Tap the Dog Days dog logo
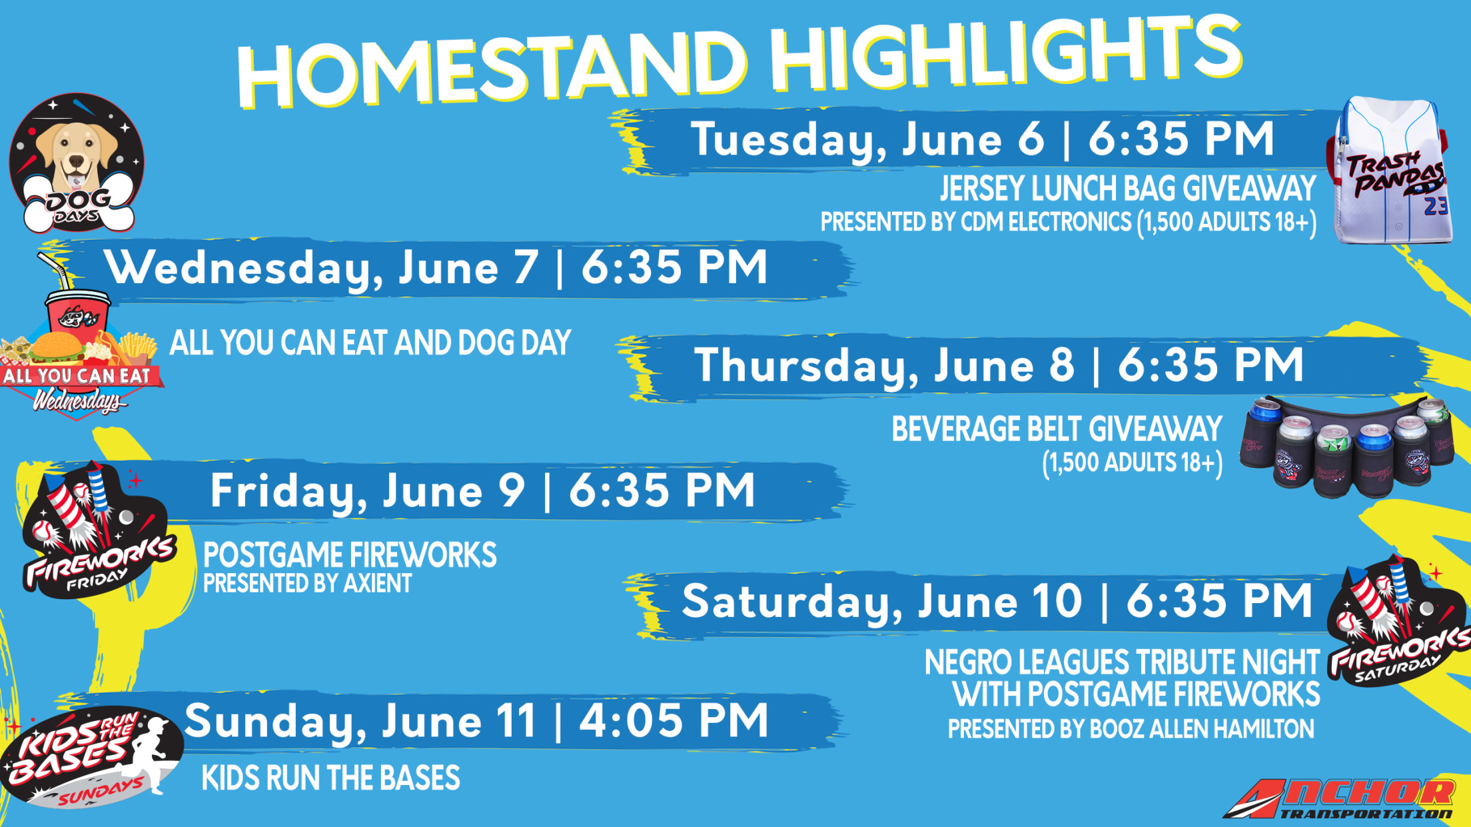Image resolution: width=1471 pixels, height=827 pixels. click(x=77, y=163)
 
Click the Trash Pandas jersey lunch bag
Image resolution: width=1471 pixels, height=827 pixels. click(x=1392, y=171)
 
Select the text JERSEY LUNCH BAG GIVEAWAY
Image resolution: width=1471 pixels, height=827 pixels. click(x=1128, y=189)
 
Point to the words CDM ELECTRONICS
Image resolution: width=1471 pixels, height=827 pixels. click(x=1046, y=222)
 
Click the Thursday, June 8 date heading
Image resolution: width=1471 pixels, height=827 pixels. click(x=998, y=365)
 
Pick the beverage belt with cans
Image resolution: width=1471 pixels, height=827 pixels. click(x=1346, y=446)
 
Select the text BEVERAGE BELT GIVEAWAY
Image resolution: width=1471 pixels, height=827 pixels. click(x=1057, y=429)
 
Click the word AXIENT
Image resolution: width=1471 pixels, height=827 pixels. click(x=377, y=584)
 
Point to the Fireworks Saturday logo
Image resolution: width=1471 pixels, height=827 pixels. click(x=1398, y=623)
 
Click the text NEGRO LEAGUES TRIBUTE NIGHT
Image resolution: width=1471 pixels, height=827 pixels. click(x=1121, y=662)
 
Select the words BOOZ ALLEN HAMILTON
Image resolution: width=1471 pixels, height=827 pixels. click(x=1202, y=729)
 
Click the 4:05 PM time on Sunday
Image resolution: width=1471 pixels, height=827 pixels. click(x=674, y=721)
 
